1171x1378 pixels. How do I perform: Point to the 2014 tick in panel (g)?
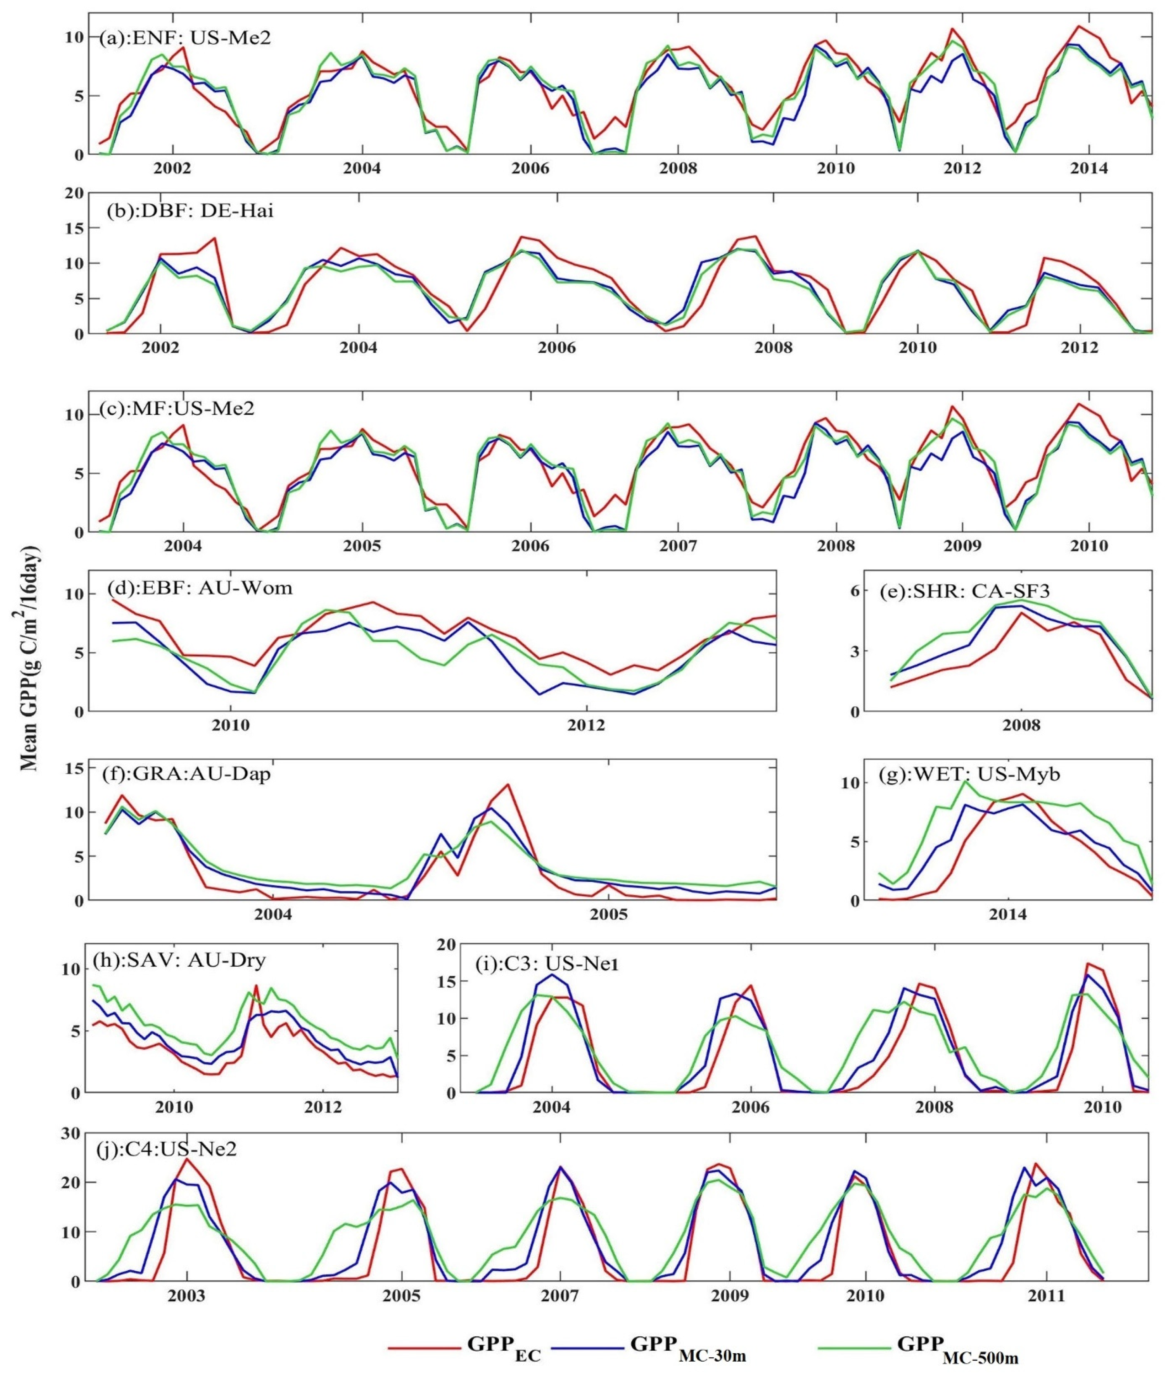pos(1008,915)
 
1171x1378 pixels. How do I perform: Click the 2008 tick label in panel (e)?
pos(1021,725)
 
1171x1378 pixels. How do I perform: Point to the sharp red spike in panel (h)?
pos(256,985)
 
